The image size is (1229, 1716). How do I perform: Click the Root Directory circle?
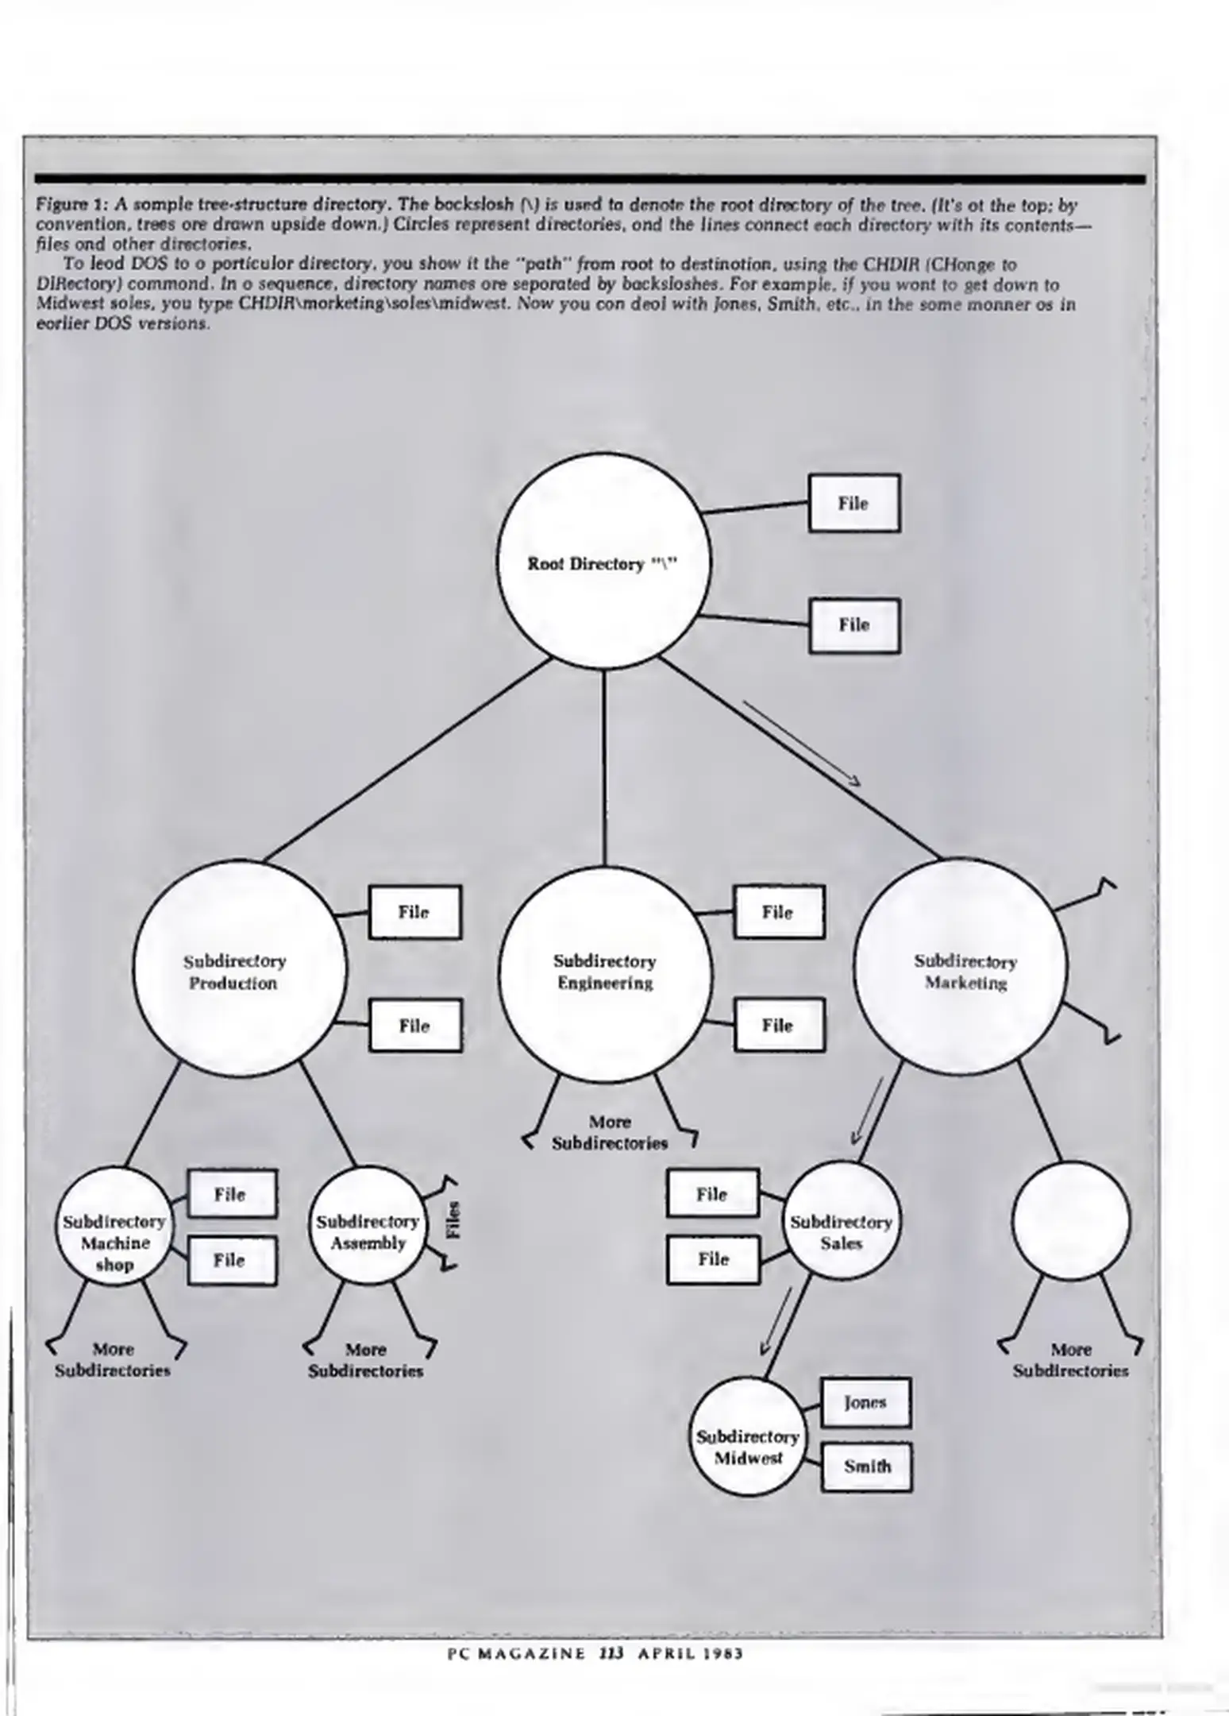pos(603,562)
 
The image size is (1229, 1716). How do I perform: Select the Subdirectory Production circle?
pos(239,969)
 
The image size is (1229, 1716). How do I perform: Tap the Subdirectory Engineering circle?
pos(606,973)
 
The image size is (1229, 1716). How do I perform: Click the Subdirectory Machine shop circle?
pos(114,1224)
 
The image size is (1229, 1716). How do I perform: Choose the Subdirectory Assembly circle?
pos(368,1224)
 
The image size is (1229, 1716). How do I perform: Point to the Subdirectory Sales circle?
pos(842,1221)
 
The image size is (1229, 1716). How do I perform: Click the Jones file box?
pos(865,1402)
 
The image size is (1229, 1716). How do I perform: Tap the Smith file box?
pos(866,1467)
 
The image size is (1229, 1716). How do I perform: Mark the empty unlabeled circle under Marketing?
pos(1070,1221)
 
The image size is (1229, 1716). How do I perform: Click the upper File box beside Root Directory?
pos(853,503)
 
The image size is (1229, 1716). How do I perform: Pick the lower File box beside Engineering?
pos(779,1026)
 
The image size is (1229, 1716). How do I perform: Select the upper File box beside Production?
pos(414,912)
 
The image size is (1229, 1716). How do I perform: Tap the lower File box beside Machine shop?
pos(231,1260)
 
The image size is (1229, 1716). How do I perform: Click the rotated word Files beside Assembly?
pos(453,1219)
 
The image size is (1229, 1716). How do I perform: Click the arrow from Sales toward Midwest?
pos(777,1320)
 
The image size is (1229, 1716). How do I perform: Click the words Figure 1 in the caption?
pos(64,206)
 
